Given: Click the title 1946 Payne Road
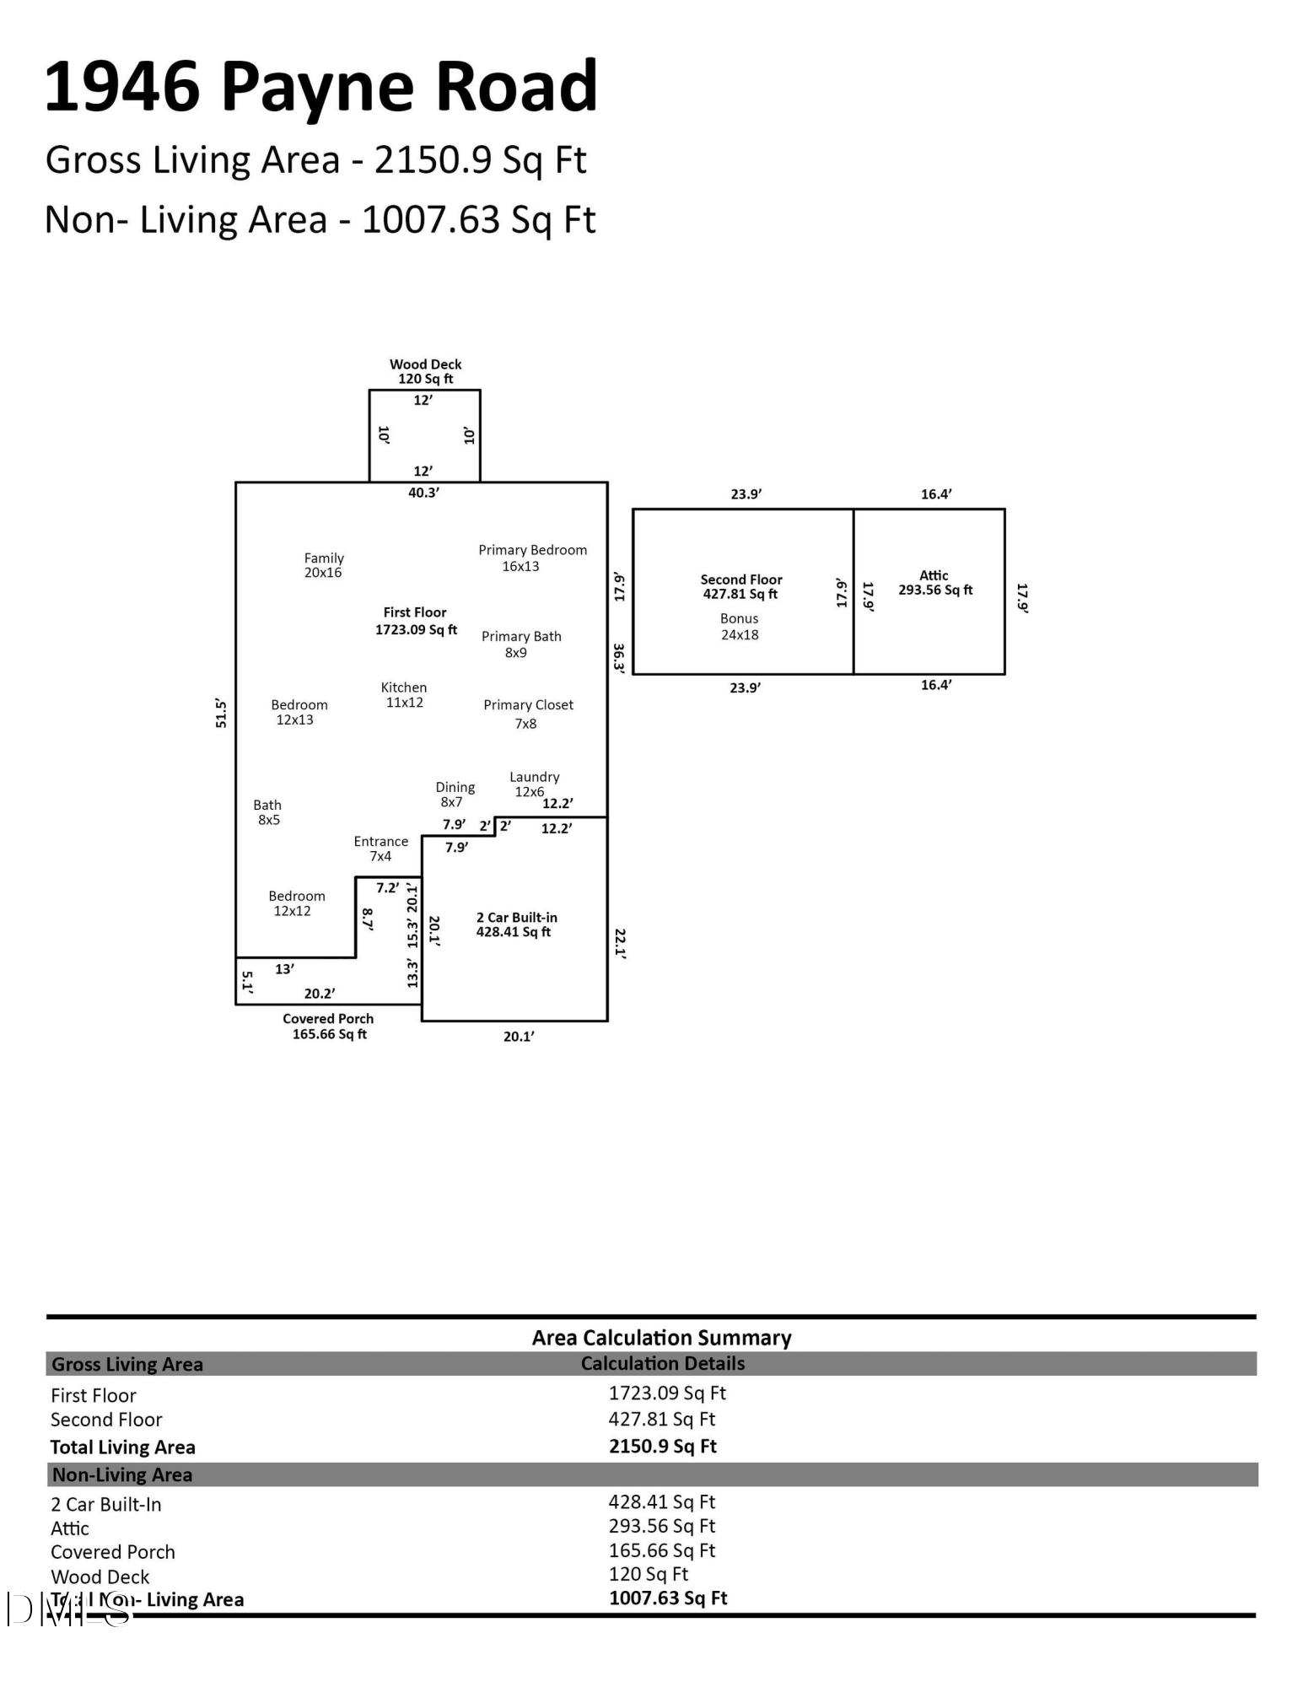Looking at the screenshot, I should pos(320,87).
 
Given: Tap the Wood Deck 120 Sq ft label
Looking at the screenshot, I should pos(425,371).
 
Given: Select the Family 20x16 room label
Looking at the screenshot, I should pos(324,565).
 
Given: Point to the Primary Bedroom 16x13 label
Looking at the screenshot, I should pos(531,558).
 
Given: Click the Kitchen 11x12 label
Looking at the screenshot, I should pos(404,695).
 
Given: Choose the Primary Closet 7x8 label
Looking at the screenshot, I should pos(528,714).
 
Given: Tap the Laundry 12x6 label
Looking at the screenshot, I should pos(533,784).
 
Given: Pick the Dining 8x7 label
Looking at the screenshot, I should pos(455,795).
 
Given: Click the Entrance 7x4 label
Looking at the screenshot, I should pos(380,849).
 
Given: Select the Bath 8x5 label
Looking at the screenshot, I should pos(267,812).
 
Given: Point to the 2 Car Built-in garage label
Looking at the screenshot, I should pos(516,924).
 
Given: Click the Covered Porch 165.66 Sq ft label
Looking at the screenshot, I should pos(328,1027).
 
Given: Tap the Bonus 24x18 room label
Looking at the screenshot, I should pos(740,627).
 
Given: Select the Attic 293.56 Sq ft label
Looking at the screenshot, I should pos(934,583).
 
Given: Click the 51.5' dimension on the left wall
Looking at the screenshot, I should pos(221,713).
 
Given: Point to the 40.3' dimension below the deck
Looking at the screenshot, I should pos(423,493).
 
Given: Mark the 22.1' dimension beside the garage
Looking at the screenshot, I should pos(620,944).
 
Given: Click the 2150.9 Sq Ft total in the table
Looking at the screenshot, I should pos(663,1446).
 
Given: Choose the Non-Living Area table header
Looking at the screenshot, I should pos(122,1474).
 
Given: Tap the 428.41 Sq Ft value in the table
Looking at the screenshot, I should pos(662,1501).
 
